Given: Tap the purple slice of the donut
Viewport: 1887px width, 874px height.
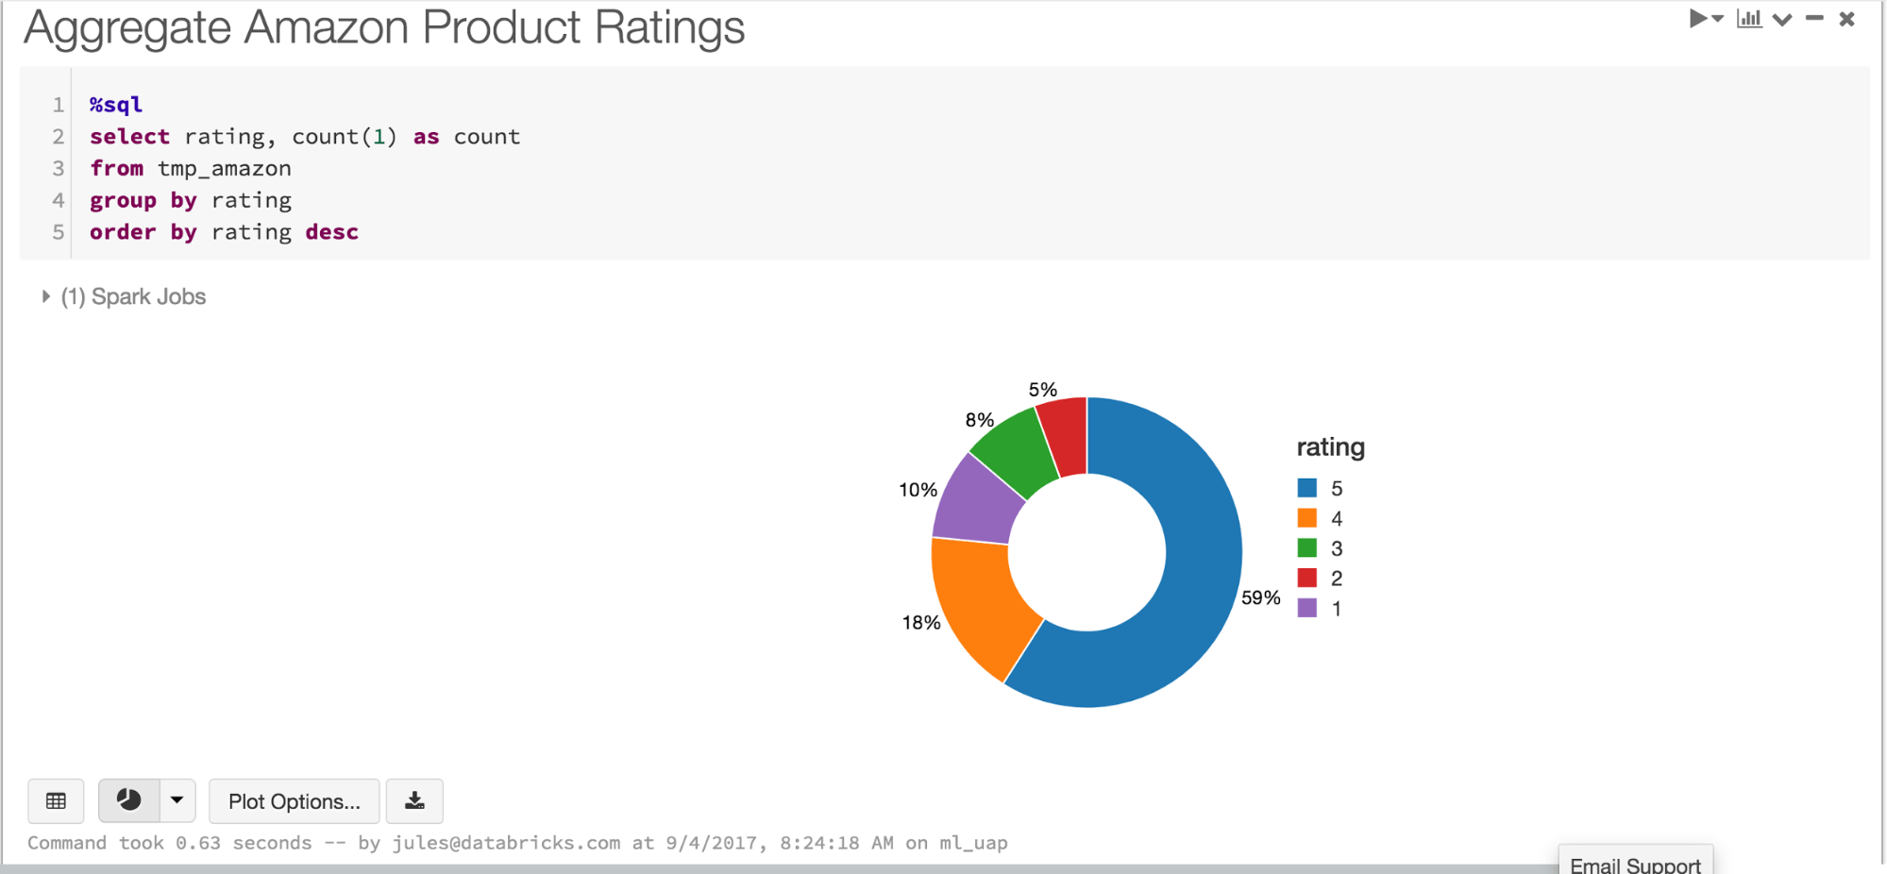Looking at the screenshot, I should [x=977, y=500].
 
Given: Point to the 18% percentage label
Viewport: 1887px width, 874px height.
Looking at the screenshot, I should [x=920, y=623].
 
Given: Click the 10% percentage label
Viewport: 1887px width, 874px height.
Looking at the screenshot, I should [x=918, y=490].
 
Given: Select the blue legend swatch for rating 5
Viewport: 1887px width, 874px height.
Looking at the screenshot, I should [x=1307, y=488].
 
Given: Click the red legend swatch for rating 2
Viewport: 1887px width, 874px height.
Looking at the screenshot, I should [x=1307, y=578].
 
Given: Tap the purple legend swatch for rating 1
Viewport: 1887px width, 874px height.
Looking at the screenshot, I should [x=1307, y=608].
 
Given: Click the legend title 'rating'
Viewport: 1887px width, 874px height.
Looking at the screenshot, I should [x=1330, y=447].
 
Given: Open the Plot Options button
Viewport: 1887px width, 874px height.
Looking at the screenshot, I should [x=294, y=801].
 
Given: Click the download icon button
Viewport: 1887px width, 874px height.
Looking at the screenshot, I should [x=414, y=801].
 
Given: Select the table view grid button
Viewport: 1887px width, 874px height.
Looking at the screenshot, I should [x=57, y=801].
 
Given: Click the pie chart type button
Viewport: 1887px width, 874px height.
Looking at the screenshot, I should [x=129, y=801].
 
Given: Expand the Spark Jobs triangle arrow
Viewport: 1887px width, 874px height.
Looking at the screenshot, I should [x=45, y=296].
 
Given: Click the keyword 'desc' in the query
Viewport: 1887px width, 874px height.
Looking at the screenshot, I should [x=331, y=232].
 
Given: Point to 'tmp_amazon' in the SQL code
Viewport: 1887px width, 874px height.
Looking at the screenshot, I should [x=225, y=169].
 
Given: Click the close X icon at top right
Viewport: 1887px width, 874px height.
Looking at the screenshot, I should [x=1847, y=19].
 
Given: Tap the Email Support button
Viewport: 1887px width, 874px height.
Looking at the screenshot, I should [x=1635, y=863].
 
